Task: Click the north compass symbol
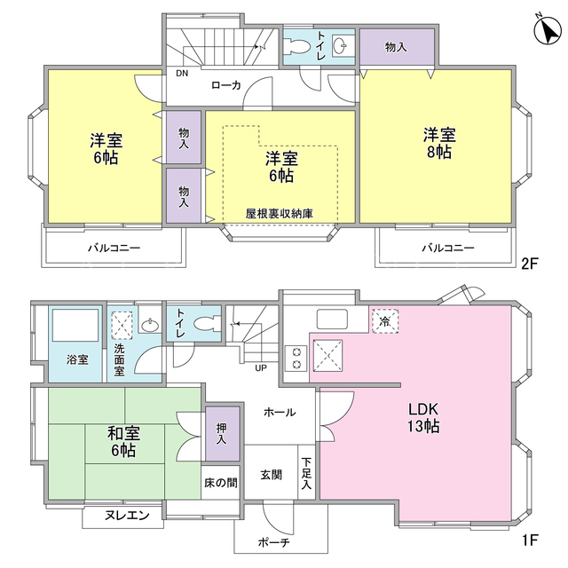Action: click(x=548, y=30)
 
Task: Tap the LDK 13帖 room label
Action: click(x=423, y=418)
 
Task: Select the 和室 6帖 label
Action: click(x=123, y=442)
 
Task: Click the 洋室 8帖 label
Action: click(x=439, y=144)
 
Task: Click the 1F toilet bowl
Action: click(x=207, y=323)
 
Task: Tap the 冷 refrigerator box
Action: click(x=385, y=321)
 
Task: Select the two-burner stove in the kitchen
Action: click(x=296, y=359)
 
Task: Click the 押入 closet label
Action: click(x=222, y=434)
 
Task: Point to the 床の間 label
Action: click(x=221, y=483)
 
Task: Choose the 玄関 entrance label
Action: click(x=272, y=475)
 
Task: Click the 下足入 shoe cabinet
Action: click(x=306, y=472)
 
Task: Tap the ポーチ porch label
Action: click(x=274, y=542)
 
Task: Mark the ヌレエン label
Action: click(x=127, y=515)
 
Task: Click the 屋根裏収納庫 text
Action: click(x=280, y=214)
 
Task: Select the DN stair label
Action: click(x=182, y=73)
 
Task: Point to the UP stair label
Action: click(x=261, y=368)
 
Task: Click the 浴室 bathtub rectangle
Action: click(x=75, y=325)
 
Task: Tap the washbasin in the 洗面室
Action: click(x=150, y=326)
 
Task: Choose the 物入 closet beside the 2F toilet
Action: click(x=397, y=47)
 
